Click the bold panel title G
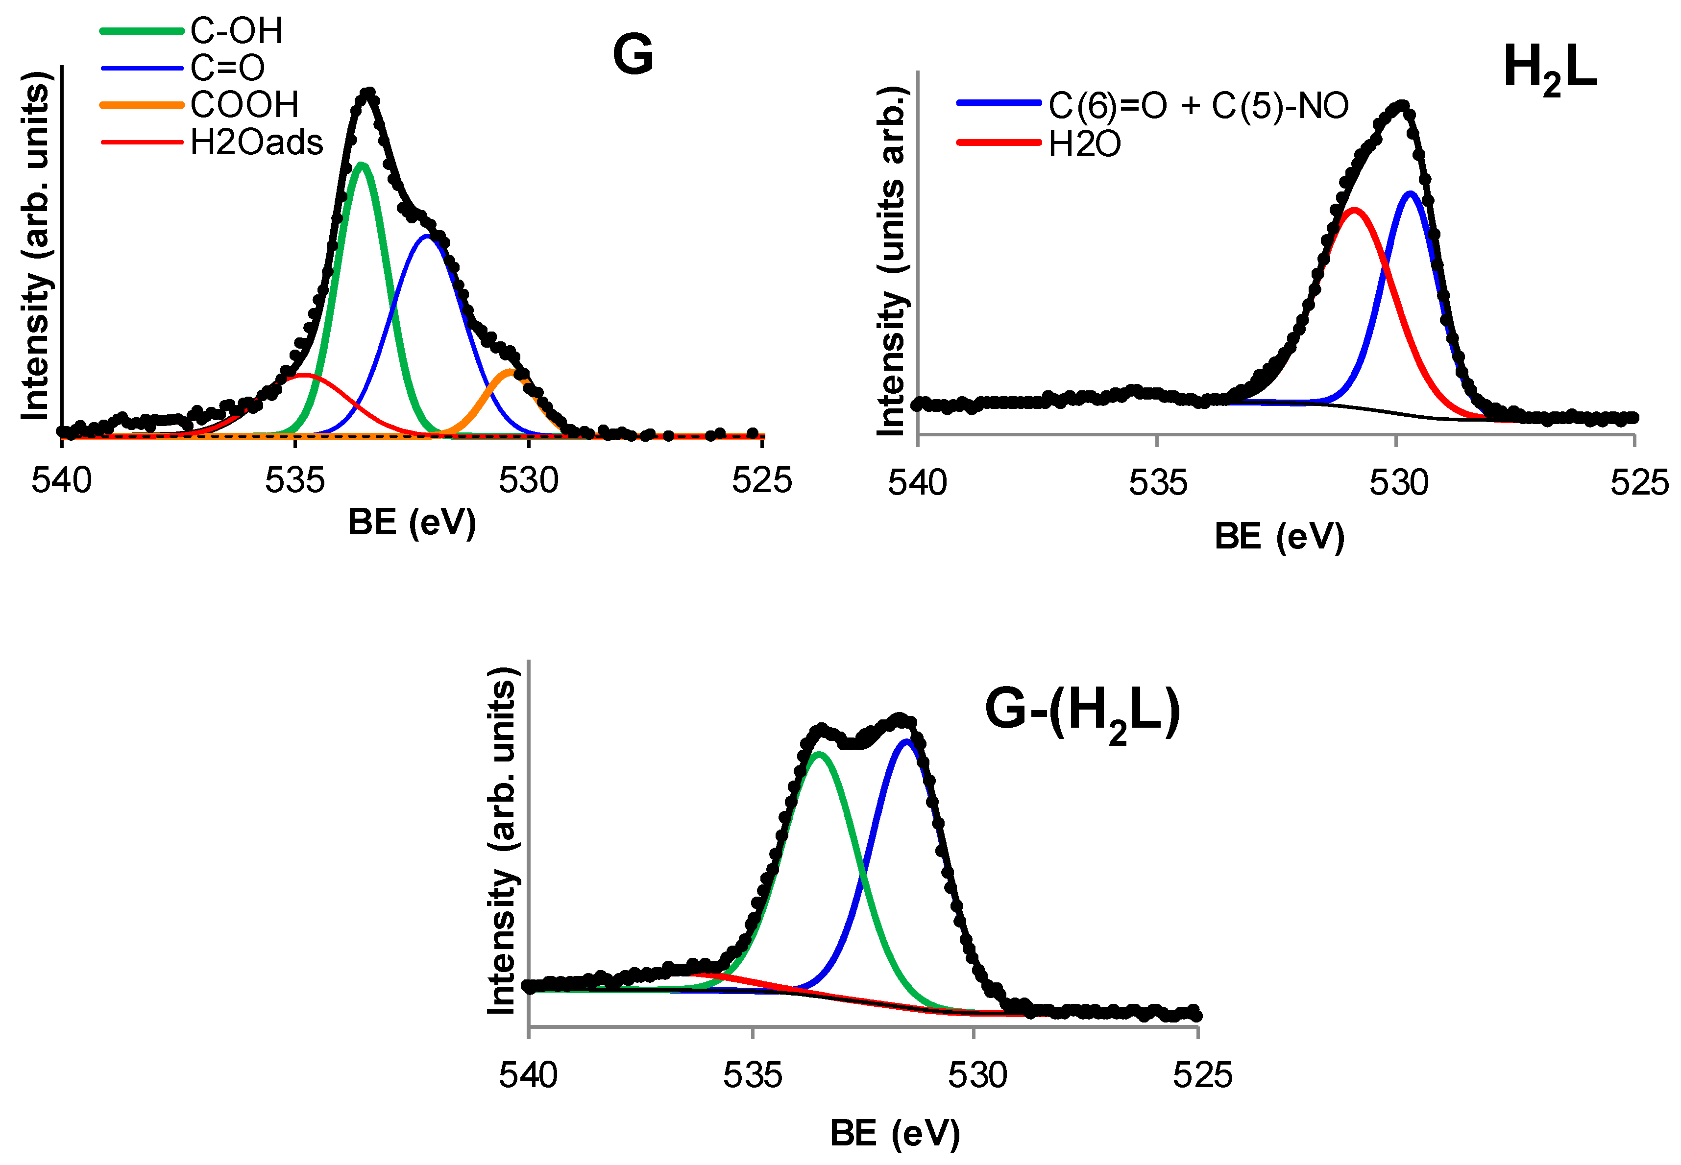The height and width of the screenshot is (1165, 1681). [x=633, y=55]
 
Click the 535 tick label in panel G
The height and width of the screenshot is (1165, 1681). [x=295, y=481]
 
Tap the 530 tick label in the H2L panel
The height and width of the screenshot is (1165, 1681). [x=1398, y=483]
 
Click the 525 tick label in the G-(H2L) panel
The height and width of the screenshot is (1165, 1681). [x=1202, y=1076]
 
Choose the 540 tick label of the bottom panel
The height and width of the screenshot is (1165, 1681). [x=528, y=1076]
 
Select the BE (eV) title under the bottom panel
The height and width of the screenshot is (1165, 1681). [x=895, y=1134]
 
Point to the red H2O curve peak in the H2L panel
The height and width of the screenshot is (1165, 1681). [x=1355, y=211]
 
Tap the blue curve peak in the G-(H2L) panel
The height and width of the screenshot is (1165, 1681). [x=906, y=742]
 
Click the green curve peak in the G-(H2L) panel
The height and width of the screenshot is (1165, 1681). [x=819, y=754]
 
